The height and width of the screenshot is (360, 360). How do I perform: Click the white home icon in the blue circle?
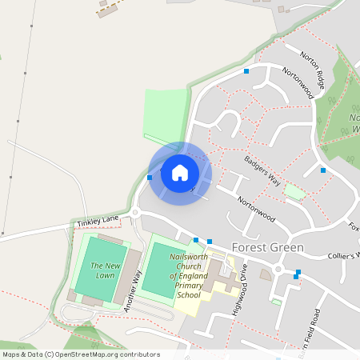coord(180,173)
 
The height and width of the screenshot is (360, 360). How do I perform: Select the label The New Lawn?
coord(105,270)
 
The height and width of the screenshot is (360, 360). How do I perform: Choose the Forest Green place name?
coord(267,248)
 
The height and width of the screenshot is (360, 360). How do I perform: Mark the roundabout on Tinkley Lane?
coord(136,213)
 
